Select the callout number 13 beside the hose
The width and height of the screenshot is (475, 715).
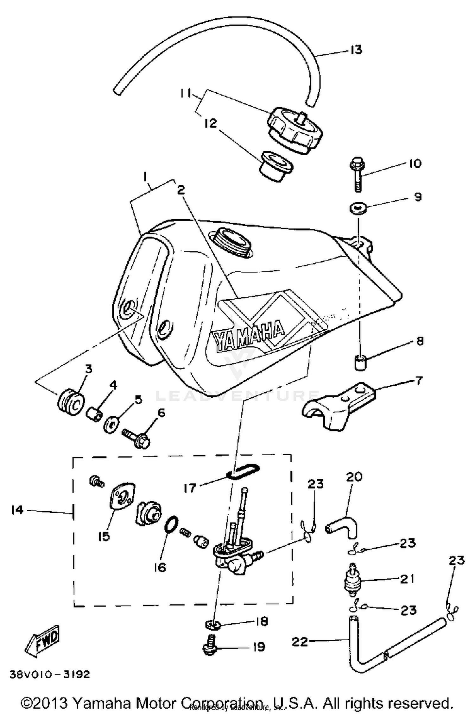[356, 50]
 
